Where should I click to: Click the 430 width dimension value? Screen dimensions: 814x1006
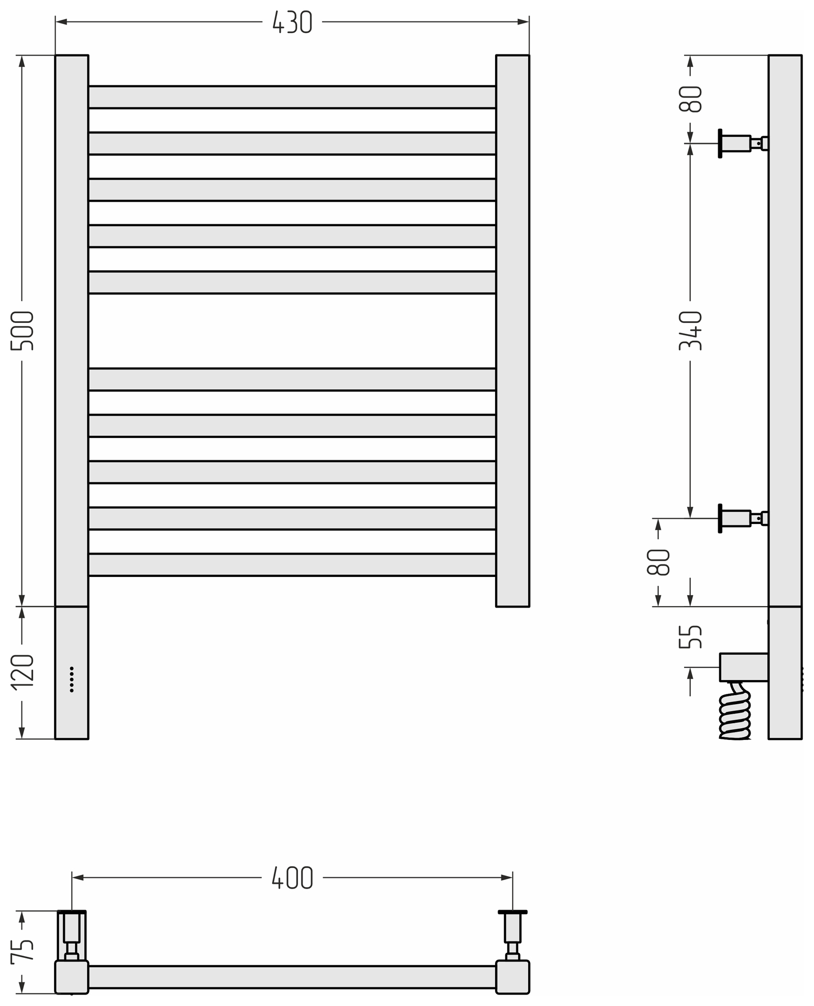point(292,22)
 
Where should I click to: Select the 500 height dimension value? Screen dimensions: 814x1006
point(23,331)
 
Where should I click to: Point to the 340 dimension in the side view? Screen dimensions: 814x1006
point(690,331)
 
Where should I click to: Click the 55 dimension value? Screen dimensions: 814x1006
point(690,637)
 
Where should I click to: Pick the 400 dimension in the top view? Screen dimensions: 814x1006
point(292,878)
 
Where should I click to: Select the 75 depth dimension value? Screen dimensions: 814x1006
point(23,950)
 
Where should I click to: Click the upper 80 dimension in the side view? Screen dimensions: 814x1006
point(690,99)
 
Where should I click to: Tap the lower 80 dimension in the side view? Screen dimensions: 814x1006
point(658,562)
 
